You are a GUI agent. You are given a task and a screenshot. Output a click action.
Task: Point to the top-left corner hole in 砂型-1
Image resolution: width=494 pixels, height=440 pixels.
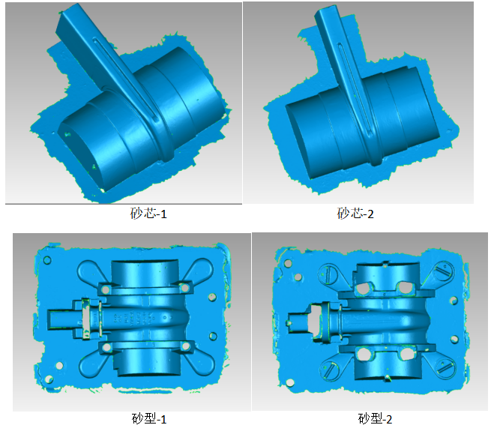(x=46, y=261)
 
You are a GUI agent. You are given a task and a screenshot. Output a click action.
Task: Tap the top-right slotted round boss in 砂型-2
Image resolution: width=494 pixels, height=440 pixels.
(x=443, y=270)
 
